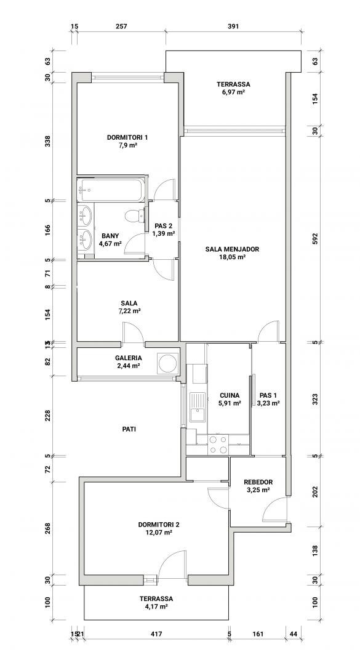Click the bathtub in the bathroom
(x=112, y=190)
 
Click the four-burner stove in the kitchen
(x=218, y=445)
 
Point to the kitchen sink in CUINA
(x=197, y=407)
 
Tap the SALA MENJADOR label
(x=232, y=249)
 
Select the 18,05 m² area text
(x=232, y=257)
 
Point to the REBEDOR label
(x=258, y=482)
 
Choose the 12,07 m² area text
(x=155, y=533)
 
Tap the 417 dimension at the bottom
(x=156, y=634)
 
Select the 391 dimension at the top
(x=233, y=26)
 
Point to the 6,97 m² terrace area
(x=233, y=92)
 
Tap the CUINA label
(x=230, y=396)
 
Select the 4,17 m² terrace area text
(x=156, y=607)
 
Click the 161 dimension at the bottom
(x=258, y=634)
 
